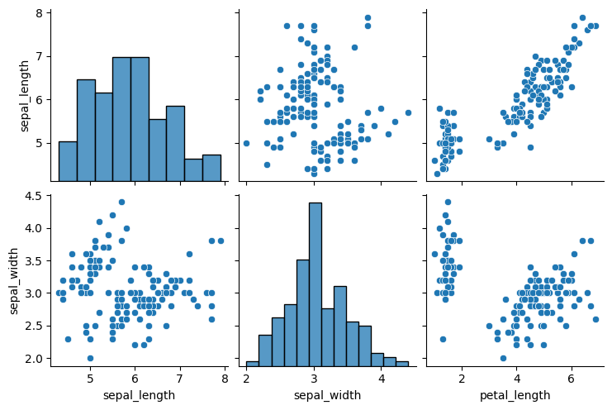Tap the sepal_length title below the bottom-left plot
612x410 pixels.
[x=139, y=395]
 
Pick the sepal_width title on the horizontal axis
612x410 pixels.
[x=327, y=395]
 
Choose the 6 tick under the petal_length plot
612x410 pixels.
[x=571, y=379]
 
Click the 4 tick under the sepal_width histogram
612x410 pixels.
[x=381, y=379]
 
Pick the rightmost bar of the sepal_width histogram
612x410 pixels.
[x=401, y=364]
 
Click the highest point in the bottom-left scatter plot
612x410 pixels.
[x=121, y=202]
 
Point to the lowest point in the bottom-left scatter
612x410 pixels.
[x=90, y=358]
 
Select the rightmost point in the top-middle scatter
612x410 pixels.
[x=408, y=112]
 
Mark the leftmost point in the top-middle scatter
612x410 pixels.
[x=246, y=143]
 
